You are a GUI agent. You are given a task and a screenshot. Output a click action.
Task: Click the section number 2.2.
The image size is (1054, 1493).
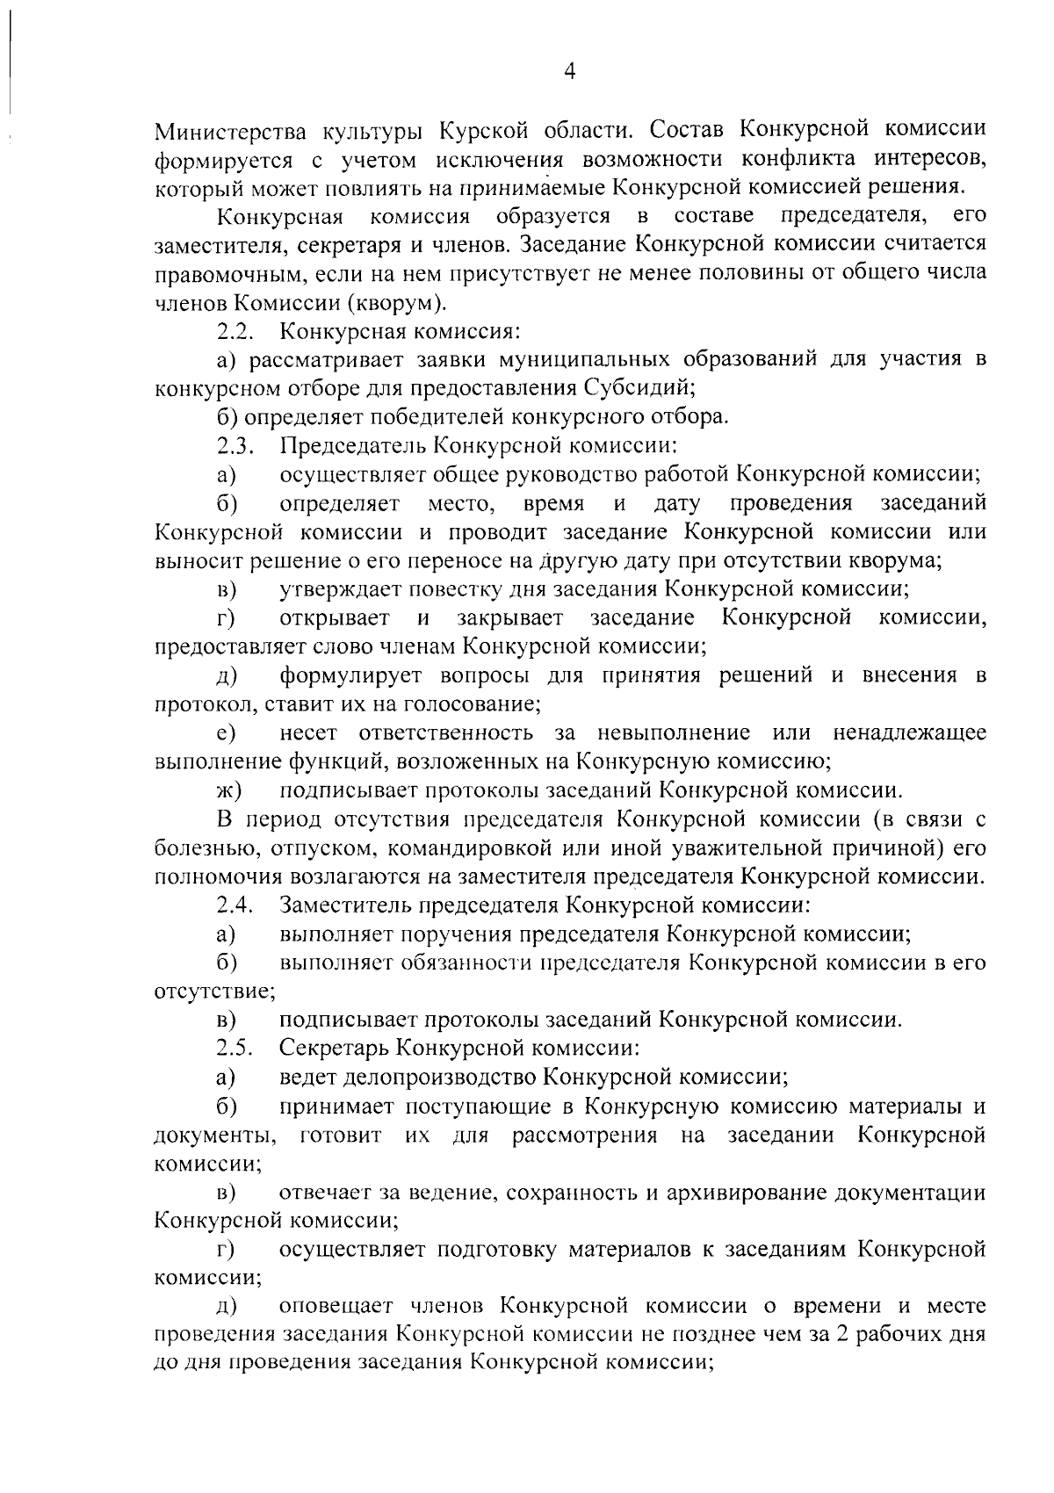(235, 332)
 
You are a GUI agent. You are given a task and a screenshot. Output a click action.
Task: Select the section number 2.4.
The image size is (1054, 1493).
(235, 905)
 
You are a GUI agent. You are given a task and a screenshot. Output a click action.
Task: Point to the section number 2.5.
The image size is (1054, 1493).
(235, 1048)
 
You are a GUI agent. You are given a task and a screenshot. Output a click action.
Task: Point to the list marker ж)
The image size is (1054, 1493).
(228, 790)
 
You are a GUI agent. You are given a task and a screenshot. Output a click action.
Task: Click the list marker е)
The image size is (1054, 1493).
(227, 733)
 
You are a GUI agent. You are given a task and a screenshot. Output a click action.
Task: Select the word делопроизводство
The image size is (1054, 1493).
(408, 1077)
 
